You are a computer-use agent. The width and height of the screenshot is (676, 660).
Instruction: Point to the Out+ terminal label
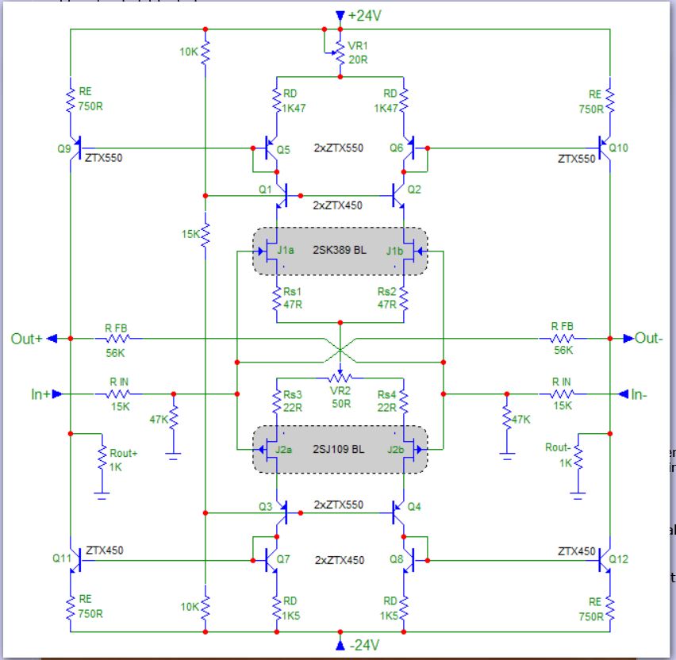pyautogui.click(x=28, y=338)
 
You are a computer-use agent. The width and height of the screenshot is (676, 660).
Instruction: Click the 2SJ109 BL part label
pyautogui.click(x=340, y=450)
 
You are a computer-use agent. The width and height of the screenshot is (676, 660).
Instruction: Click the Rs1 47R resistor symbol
pyautogui.click(x=277, y=297)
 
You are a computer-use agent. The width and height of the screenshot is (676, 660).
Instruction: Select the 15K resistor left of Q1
pyautogui.click(x=205, y=234)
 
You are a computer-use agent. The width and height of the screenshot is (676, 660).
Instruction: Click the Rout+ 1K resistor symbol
pyautogui.click(x=102, y=459)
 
